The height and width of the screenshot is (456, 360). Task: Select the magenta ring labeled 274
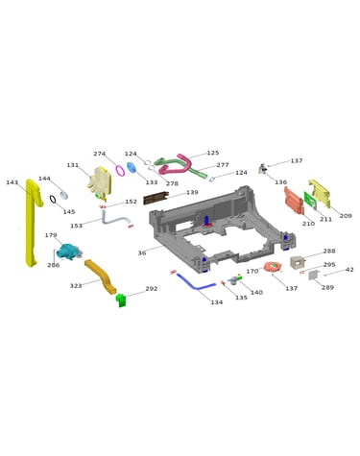pyautogui.click(x=120, y=170)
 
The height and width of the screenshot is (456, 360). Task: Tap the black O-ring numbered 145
pyautogui.click(x=53, y=199)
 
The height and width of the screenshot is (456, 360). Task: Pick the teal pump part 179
pyautogui.click(x=68, y=252)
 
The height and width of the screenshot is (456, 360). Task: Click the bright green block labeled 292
pyautogui.click(x=122, y=300)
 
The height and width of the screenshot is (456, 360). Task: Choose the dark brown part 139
pyautogui.click(x=156, y=198)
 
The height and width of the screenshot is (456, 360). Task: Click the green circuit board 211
pyautogui.click(x=310, y=201)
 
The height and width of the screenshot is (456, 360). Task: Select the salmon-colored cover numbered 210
pyautogui.click(x=294, y=201)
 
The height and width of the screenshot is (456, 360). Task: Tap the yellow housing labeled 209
pyautogui.click(x=319, y=193)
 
